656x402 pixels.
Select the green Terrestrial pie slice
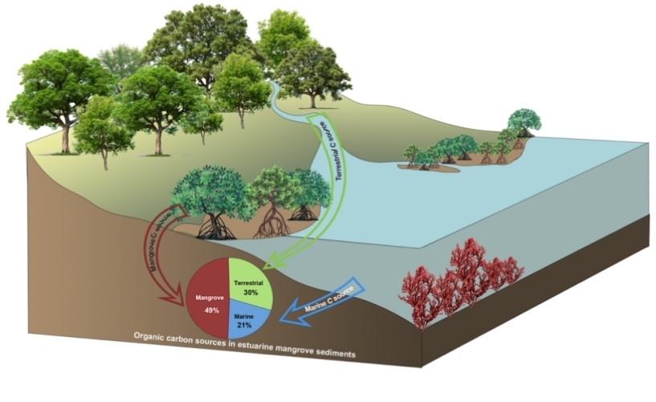251,281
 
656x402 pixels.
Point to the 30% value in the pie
250,294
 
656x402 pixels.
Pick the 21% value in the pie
244,325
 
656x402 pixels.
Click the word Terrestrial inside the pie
251,283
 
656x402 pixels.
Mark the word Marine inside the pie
244,315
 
